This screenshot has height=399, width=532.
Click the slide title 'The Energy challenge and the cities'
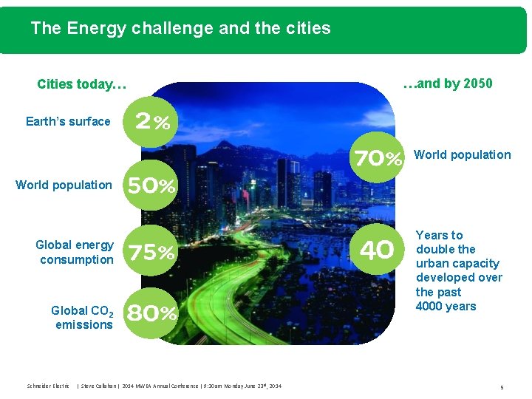click(180, 29)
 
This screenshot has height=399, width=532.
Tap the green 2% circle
click(152, 123)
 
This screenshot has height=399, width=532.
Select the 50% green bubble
click(151, 185)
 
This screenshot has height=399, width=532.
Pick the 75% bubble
click(151, 253)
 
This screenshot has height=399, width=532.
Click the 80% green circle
click(151, 313)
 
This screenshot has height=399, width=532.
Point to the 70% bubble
click(378, 158)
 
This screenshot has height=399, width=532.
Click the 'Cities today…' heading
click(81, 84)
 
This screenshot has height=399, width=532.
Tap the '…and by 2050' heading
click(448, 83)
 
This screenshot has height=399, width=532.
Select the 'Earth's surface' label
click(68, 121)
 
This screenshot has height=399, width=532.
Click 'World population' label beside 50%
click(64, 185)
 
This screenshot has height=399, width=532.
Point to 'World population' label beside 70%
click(462, 154)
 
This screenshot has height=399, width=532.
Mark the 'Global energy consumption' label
click(75, 252)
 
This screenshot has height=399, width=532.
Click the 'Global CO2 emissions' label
click(82, 317)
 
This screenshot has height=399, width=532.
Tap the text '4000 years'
click(446, 306)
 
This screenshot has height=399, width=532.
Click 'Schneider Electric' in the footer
click(48, 386)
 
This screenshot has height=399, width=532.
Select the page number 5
click(502, 386)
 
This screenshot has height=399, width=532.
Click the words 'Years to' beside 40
click(439, 235)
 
